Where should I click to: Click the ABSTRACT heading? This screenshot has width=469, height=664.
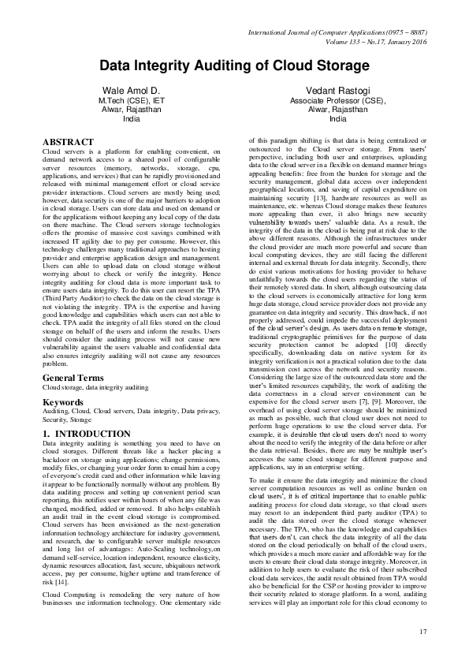66,141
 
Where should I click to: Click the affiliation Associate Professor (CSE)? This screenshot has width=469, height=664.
337,101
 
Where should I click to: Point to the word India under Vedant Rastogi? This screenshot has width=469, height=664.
337,119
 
